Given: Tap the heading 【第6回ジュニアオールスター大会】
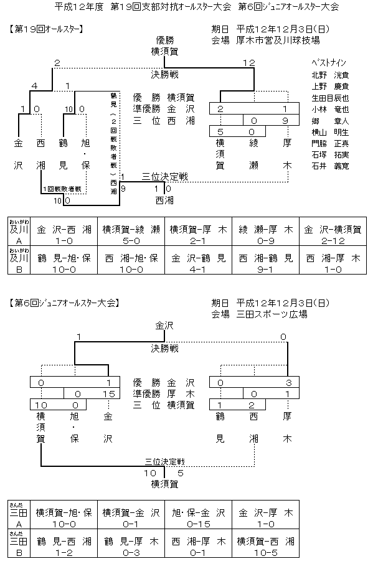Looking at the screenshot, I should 65,303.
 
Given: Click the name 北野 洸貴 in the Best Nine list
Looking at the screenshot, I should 330,75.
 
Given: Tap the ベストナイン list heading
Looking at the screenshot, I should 329,63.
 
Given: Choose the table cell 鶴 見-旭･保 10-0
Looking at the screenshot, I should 64,261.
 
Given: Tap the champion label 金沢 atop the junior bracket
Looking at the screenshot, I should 165,325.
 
